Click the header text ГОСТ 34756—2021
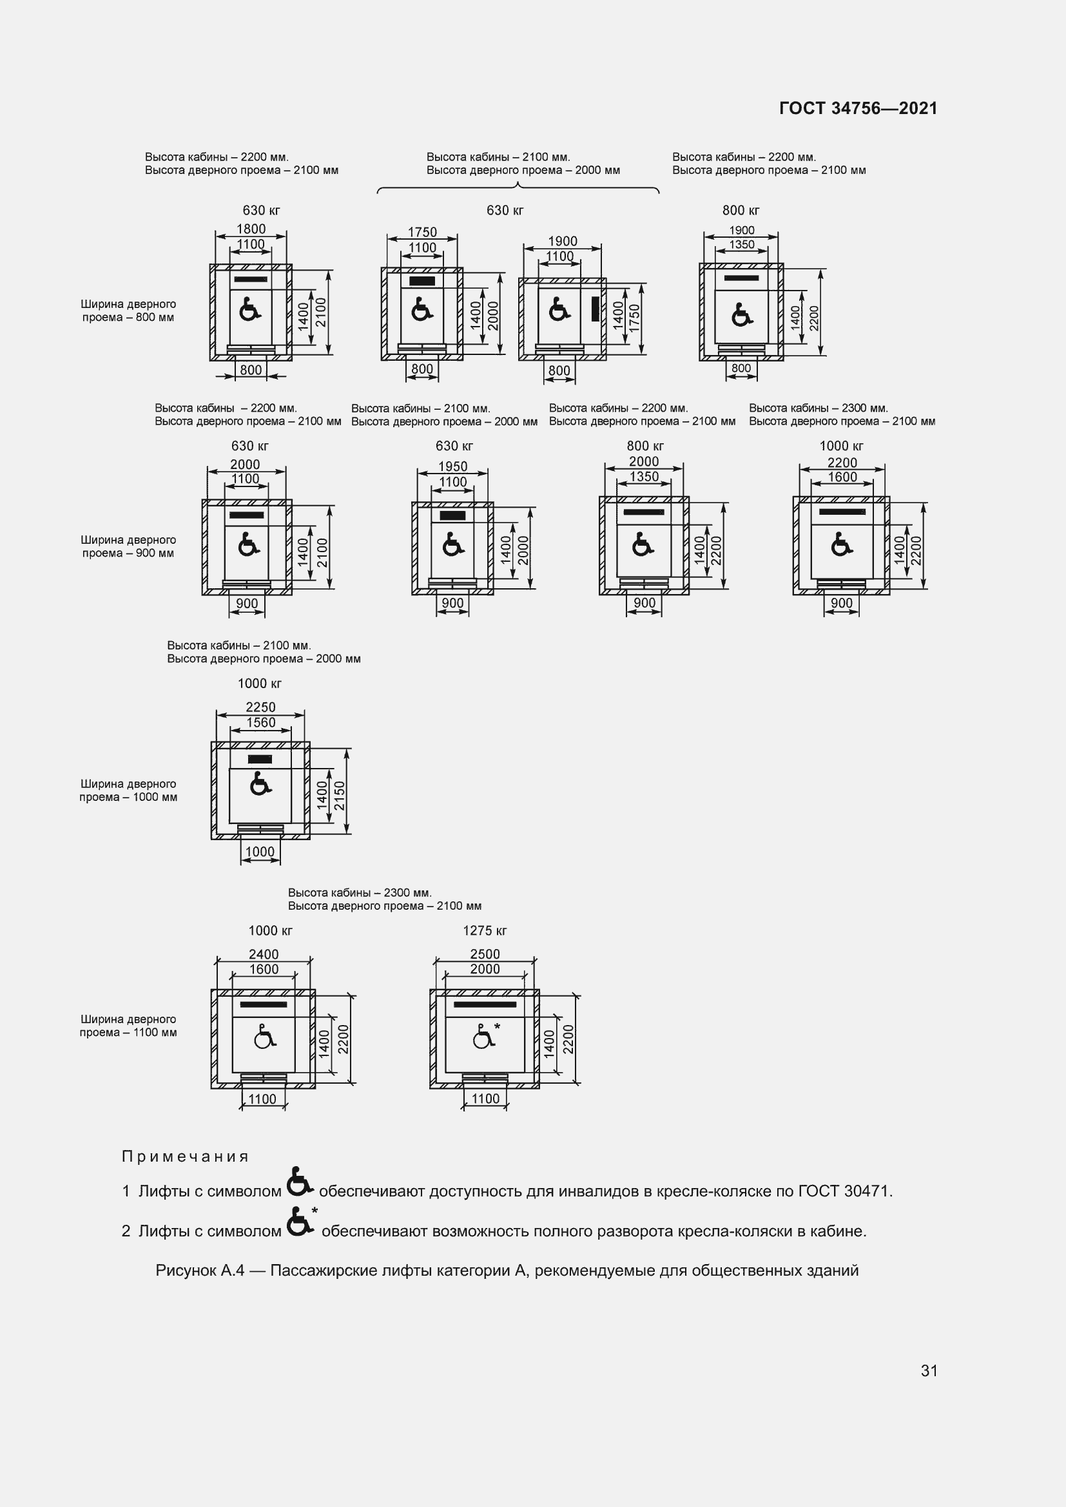(x=858, y=108)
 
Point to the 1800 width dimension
(x=251, y=229)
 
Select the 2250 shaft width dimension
(x=260, y=707)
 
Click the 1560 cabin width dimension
(x=260, y=723)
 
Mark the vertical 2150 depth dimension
(x=340, y=796)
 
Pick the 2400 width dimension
(x=263, y=954)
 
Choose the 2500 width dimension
(x=485, y=954)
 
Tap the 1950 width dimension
(x=453, y=466)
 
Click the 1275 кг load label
(x=485, y=931)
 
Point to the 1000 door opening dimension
(x=260, y=852)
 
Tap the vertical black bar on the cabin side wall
(x=596, y=309)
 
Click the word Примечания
(x=185, y=1157)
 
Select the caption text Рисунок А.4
(x=200, y=1271)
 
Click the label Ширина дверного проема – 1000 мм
(x=129, y=791)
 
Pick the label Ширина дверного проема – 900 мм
(x=129, y=546)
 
